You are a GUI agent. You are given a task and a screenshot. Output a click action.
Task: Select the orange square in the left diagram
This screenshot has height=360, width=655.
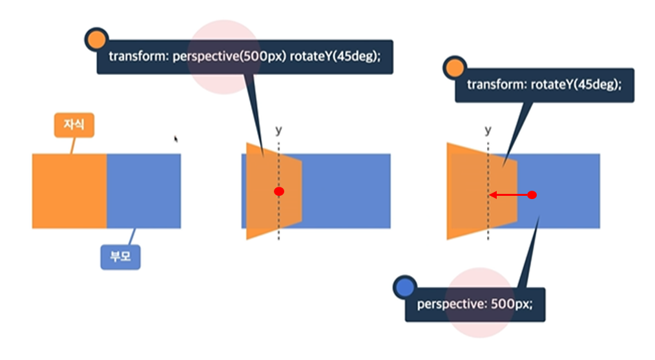pyautogui.click(x=69, y=191)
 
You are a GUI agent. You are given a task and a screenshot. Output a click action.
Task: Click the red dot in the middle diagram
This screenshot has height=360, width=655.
pyautogui.click(x=278, y=192)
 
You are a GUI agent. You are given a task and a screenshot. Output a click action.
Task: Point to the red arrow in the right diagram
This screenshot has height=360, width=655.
pyautogui.click(x=510, y=195)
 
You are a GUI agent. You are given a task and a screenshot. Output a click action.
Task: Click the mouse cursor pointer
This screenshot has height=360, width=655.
pyautogui.click(x=176, y=138)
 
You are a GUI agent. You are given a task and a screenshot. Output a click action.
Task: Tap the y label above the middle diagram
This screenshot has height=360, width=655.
pyautogui.click(x=278, y=130)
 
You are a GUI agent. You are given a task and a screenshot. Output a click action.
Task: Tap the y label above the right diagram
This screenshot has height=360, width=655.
pyautogui.click(x=488, y=130)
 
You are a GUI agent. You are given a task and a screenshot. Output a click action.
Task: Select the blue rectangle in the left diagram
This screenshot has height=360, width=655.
pyautogui.click(x=143, y=191)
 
